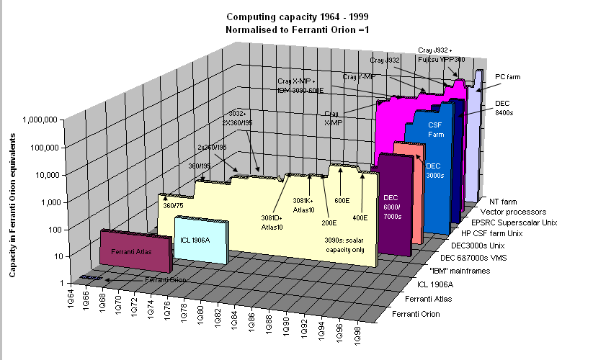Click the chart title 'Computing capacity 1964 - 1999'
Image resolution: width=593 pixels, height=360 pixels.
point(295,16)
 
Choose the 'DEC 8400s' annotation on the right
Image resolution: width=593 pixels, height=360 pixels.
point(503,108)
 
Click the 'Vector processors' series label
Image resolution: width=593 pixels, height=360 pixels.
point(507,212)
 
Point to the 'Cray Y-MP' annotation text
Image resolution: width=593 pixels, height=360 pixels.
point(358,76)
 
